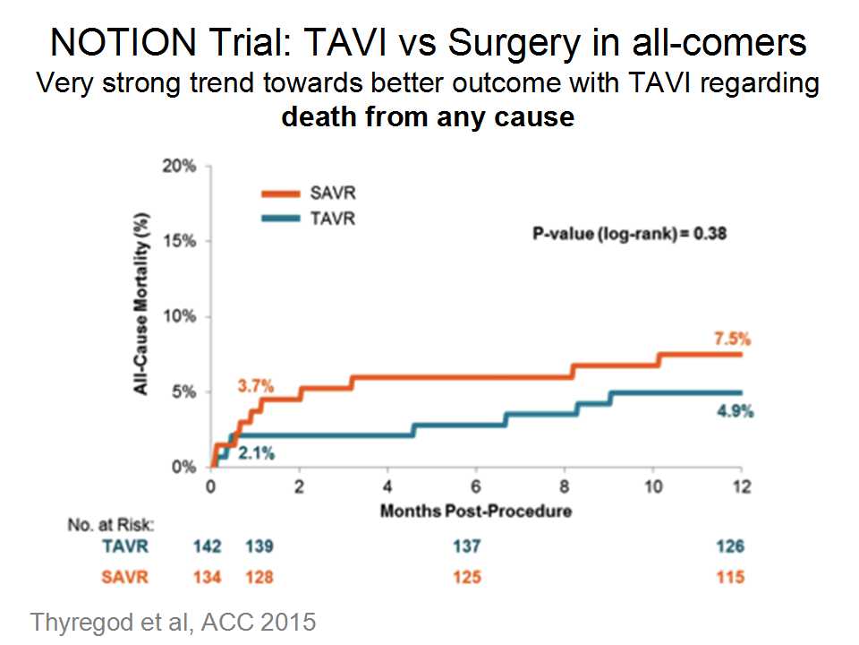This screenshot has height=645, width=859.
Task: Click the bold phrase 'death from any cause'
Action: [x=428, y=116]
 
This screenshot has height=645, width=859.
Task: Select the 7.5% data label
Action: [x=732, y=340]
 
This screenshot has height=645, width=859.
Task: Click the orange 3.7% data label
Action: [x=254, y=386]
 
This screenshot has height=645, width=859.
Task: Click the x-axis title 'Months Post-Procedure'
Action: [x=476, y=512]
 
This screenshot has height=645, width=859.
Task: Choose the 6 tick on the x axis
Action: [x=476, y=488]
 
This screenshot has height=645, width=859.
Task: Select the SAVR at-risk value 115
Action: [x=730, y=578]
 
